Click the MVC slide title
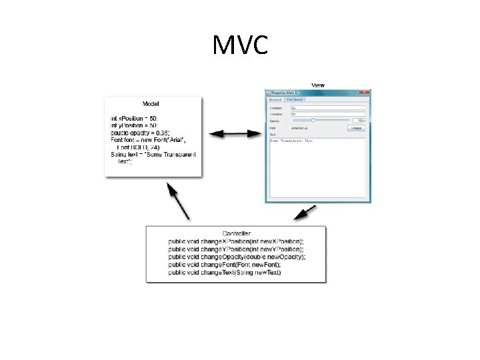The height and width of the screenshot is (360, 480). [240, 46]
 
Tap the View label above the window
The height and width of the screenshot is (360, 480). [318, 85]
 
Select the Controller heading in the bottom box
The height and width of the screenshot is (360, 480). [236, 233]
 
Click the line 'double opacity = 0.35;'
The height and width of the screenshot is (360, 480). [140, 133]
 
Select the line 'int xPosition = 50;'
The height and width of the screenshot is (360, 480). [134, 118]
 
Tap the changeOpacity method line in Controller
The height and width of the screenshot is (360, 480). [237, 257]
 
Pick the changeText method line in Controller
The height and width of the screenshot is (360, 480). [225, 273]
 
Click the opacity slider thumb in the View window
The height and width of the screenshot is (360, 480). [313, 120]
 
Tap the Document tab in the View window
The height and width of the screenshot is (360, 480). [275, 99]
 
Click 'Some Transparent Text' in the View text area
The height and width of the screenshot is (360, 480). [292, 141]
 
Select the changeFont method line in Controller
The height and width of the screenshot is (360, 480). [224, 265]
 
